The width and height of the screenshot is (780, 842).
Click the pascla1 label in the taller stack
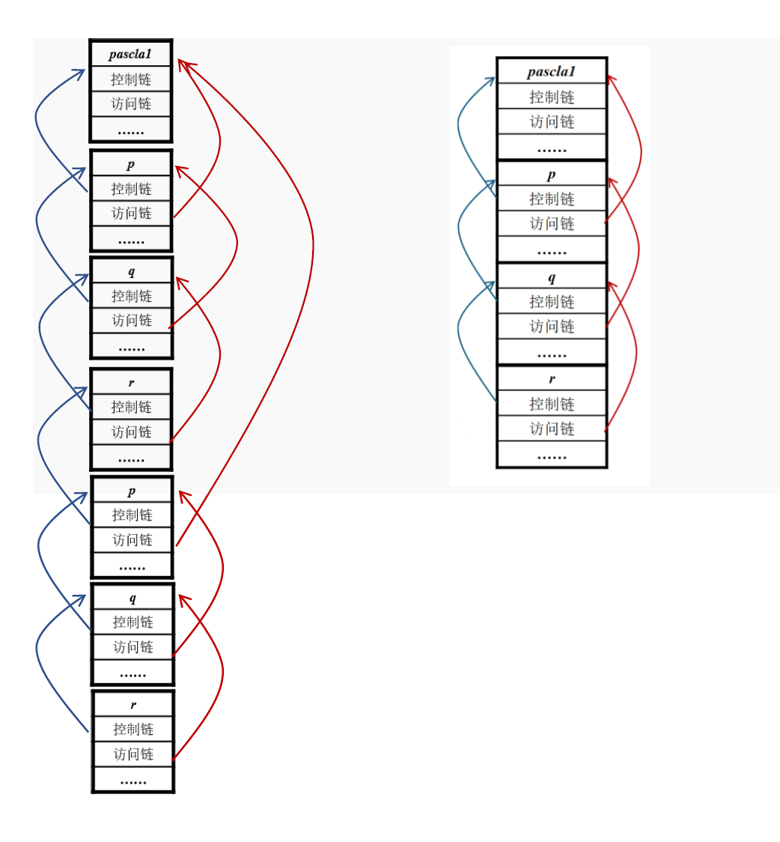[x=130, y=54]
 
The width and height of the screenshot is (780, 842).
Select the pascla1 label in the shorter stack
[x=551, y=71]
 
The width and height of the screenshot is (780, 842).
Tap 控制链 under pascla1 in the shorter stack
[x=552, y=97]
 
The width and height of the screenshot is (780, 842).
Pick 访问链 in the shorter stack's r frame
[x=552, y=428]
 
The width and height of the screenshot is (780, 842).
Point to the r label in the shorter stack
[x=552, y=379]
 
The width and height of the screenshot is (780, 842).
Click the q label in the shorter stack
[x=552, y=277]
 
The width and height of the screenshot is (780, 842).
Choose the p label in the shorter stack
[x=552, y=175]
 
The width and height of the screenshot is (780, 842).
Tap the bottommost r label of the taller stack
[x=133, y=704]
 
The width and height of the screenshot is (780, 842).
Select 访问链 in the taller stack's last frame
[x=133, y=754]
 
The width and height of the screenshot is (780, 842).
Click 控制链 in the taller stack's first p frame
[x=131, y=189]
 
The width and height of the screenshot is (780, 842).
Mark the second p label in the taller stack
[x=132, y=491]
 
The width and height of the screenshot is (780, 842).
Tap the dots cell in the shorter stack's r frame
[x=552, y=455]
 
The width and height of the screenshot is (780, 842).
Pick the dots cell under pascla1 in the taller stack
[x=131, y=130]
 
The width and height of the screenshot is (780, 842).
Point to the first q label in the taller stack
[x=132, y=271]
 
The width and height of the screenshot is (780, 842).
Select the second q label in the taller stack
[x=132, y=598]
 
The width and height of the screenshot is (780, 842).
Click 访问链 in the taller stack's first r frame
[x=132, y=432]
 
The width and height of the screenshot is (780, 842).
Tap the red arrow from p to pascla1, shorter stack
[x=641, y=150]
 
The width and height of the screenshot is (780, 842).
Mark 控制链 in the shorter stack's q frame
[x=552, y=301]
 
